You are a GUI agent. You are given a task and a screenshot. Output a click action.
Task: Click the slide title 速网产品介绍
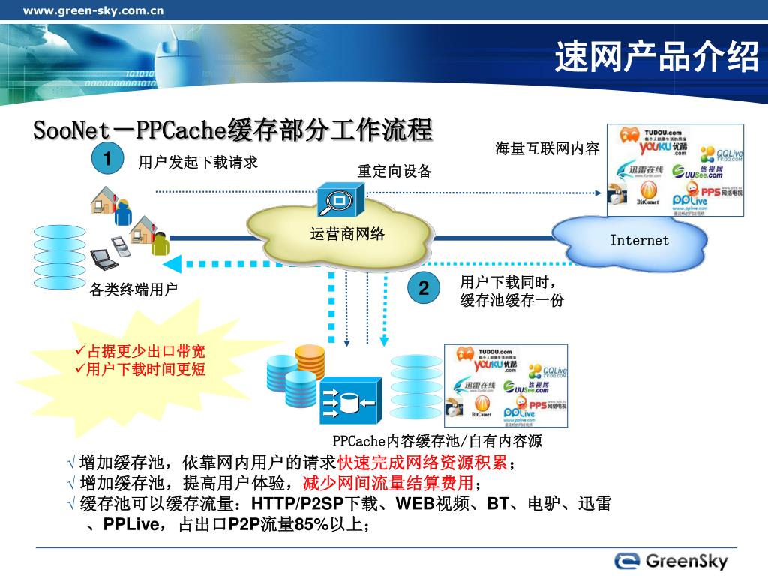657,58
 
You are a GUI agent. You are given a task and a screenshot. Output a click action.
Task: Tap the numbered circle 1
107,159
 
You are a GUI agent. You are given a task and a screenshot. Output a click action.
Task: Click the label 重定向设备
394,171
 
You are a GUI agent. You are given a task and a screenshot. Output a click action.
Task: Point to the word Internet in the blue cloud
639,240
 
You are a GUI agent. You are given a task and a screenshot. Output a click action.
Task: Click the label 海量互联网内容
547,148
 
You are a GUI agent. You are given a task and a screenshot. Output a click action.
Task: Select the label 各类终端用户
133,289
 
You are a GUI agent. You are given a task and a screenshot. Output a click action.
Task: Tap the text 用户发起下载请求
198,162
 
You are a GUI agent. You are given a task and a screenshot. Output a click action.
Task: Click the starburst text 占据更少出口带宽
145,352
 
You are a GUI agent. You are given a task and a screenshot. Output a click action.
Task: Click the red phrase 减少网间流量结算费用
388,482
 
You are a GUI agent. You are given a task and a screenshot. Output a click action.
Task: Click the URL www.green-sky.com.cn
93,10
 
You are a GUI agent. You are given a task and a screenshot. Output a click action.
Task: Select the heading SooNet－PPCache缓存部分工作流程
232,130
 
